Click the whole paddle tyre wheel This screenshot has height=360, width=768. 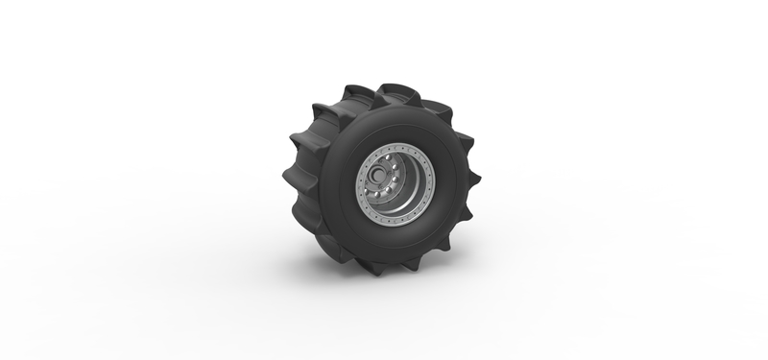point(384,178)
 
